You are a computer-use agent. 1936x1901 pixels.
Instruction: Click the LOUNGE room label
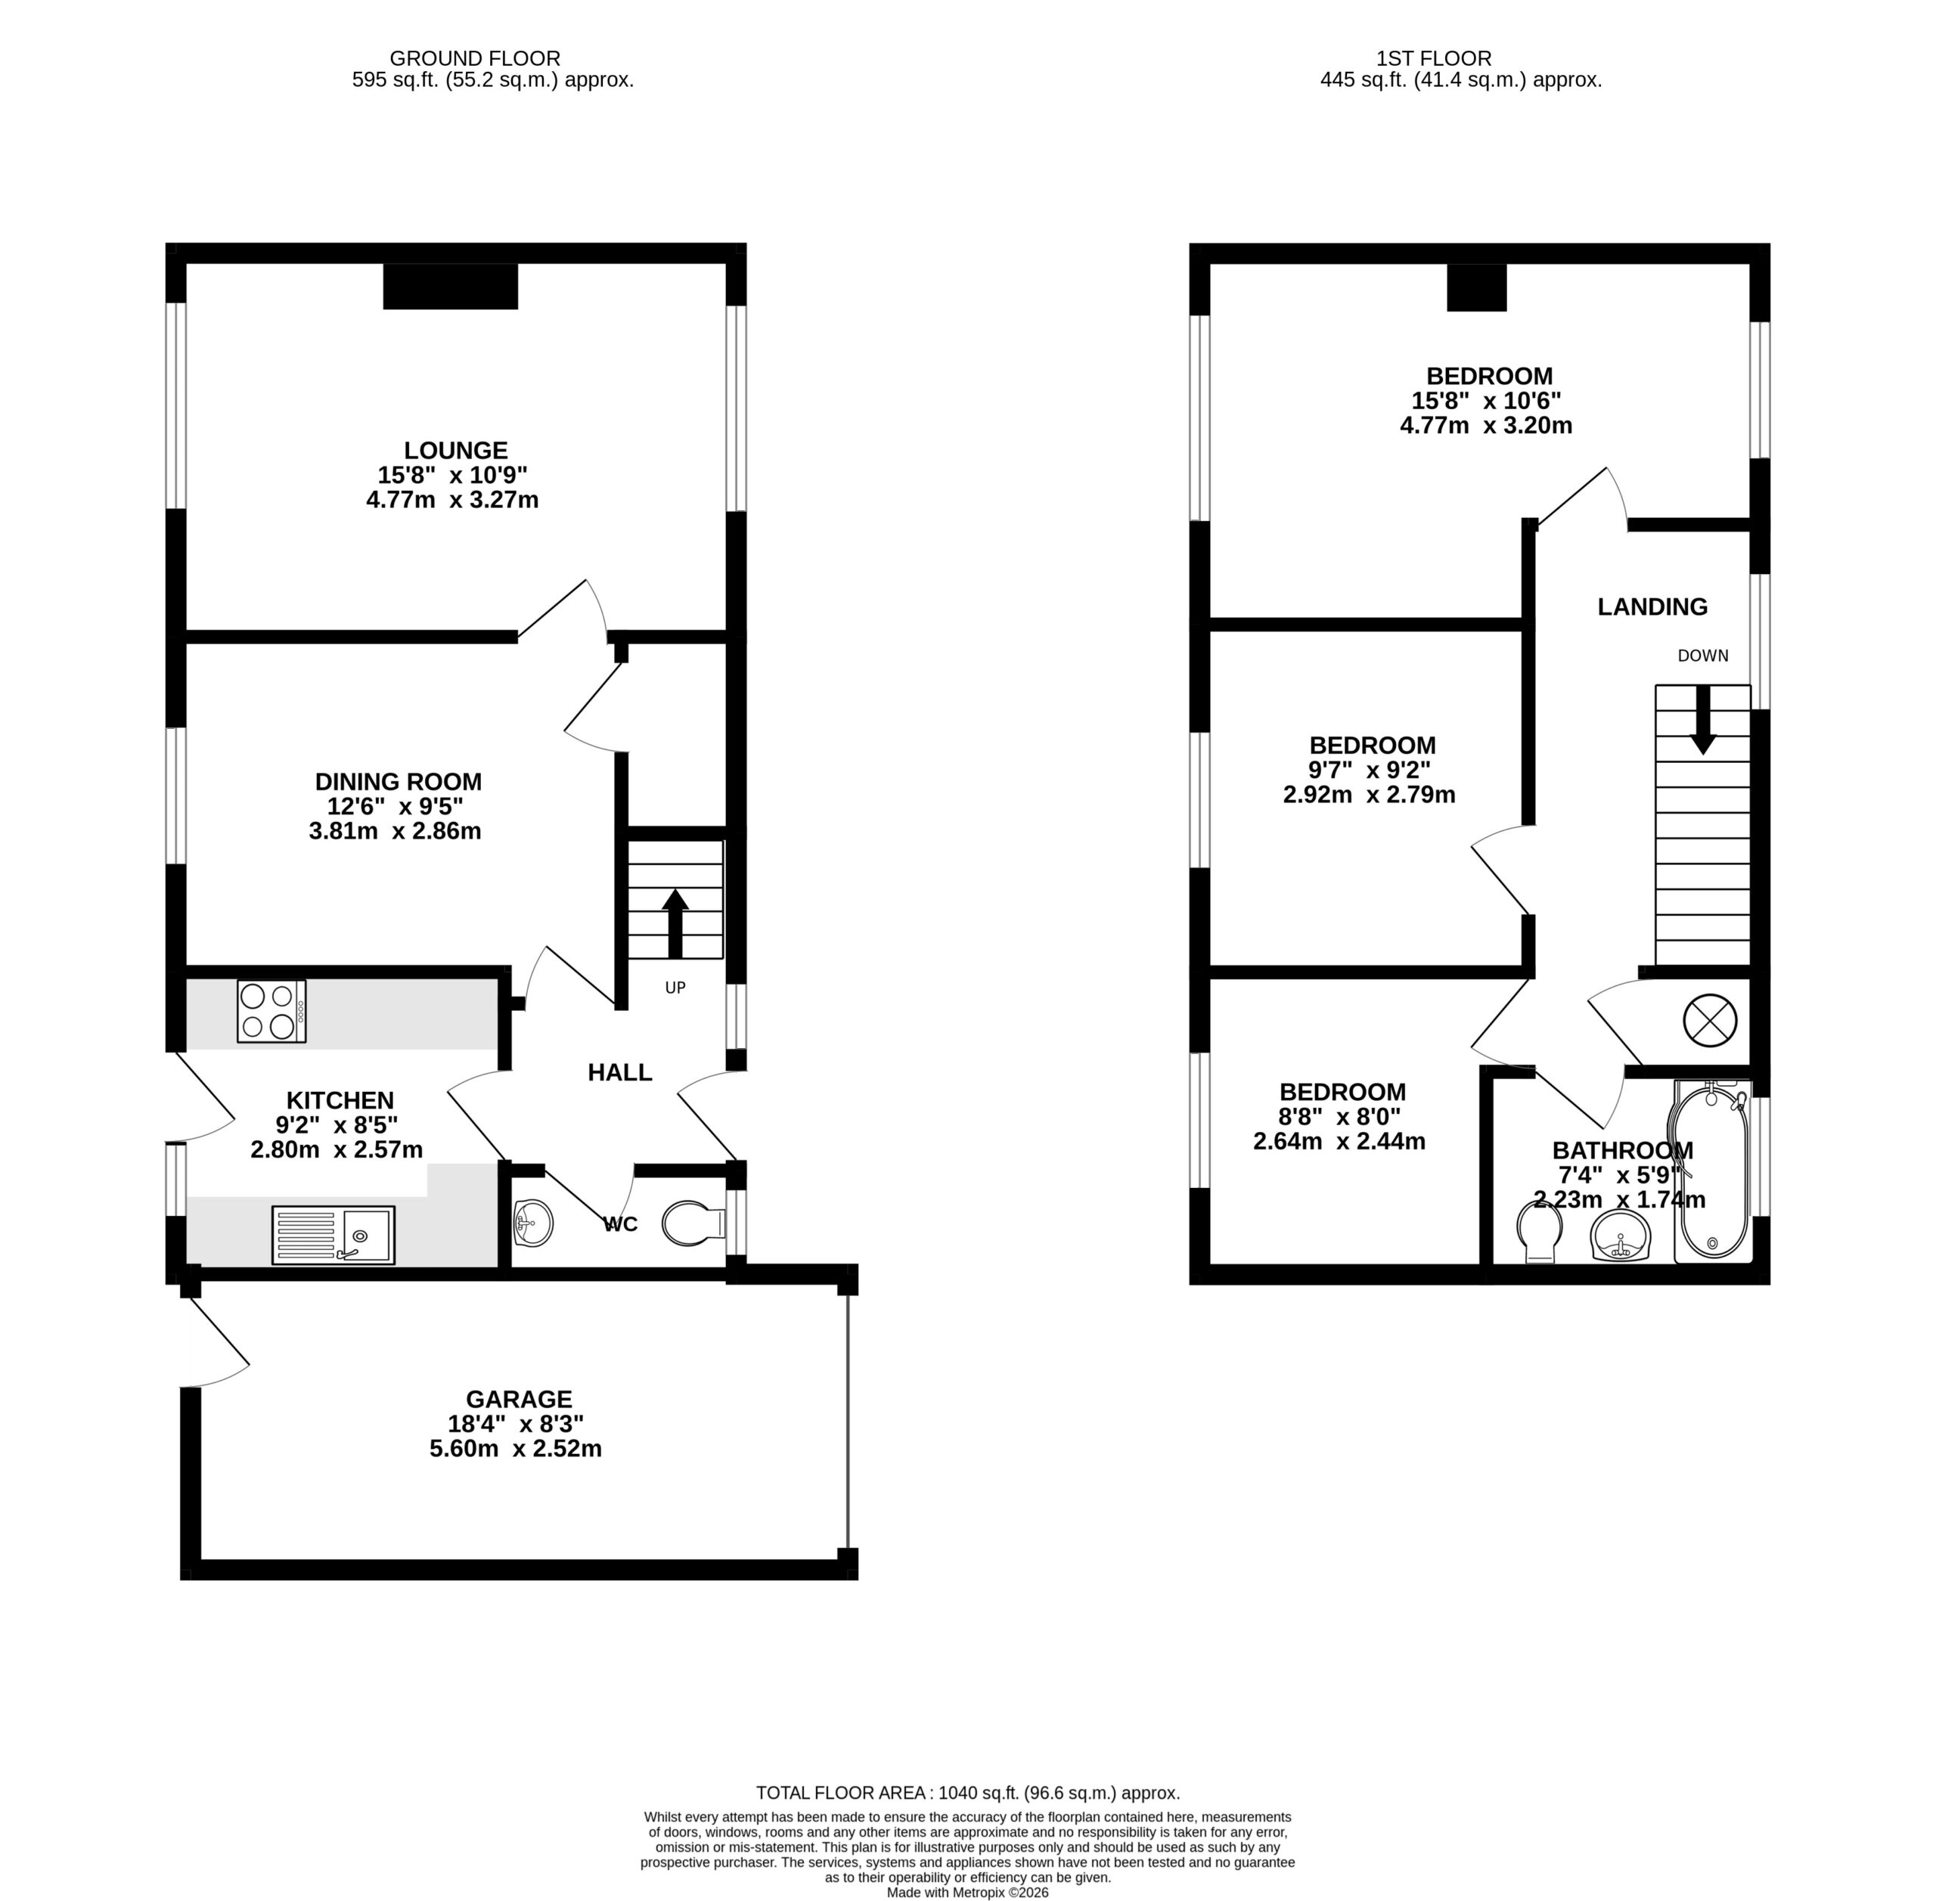tap(455, 450)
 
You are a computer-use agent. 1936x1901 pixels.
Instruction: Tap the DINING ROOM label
tap(399, 782)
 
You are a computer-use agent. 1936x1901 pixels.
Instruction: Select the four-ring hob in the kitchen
tap(271, 1012)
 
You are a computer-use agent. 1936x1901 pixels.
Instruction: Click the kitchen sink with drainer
tap(334, 1235)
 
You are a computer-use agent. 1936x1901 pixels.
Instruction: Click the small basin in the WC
tap(533, 1223)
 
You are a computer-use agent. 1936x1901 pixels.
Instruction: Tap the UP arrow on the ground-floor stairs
tap(675, 922)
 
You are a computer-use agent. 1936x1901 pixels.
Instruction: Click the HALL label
tap(620, 1072)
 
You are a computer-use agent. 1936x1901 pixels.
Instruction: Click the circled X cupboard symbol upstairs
tap(1711, 1020)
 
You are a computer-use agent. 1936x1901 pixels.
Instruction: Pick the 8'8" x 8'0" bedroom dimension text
tap(1341, 1116)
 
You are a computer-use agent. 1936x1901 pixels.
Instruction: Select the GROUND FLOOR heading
tap(475, 59)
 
